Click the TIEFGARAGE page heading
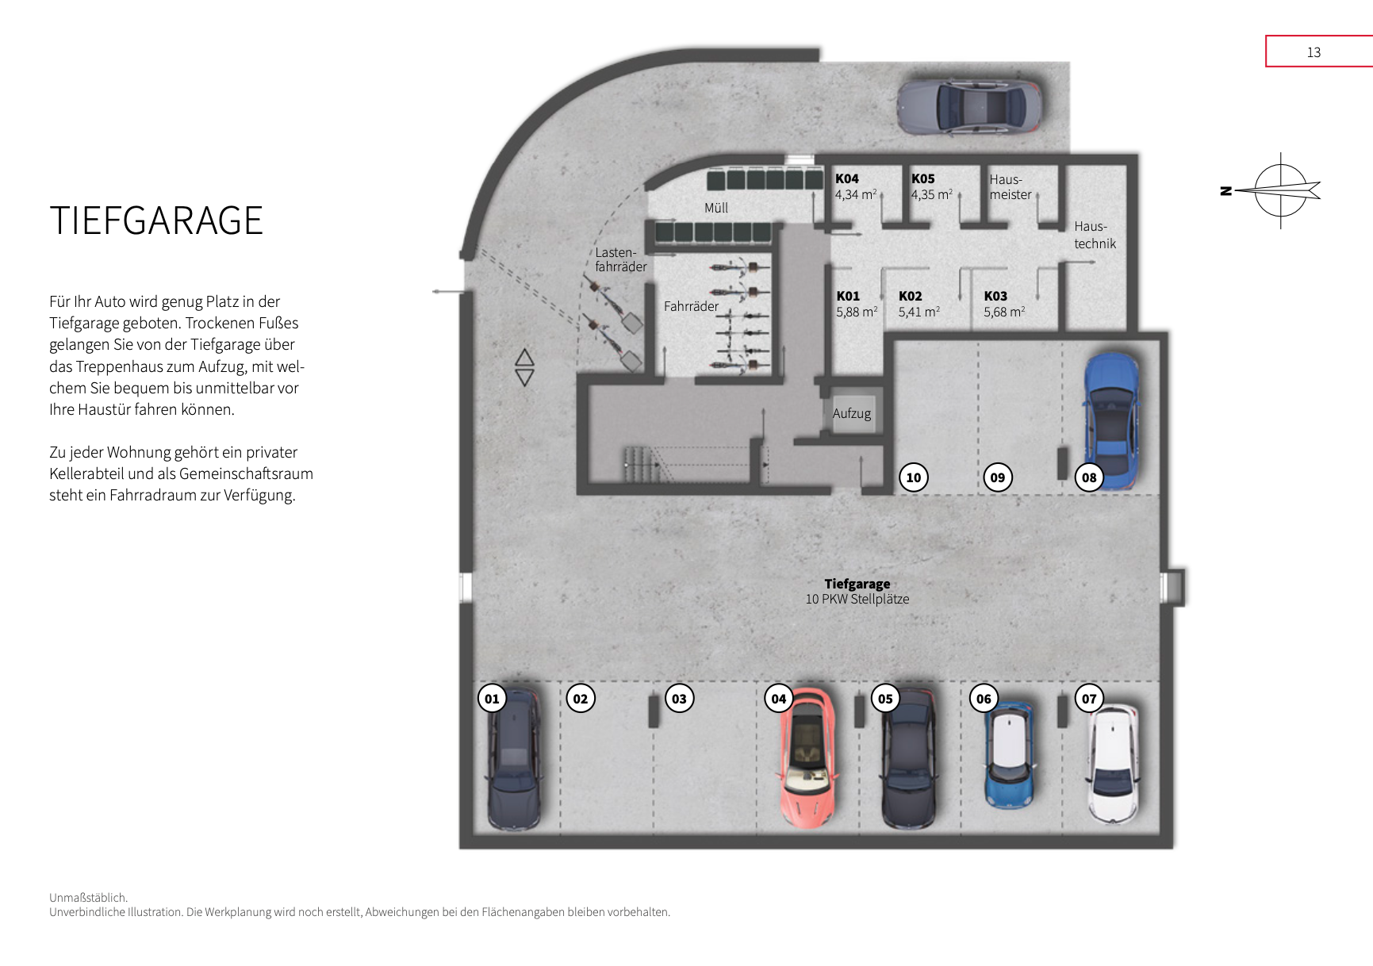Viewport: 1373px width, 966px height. tap(156, 220)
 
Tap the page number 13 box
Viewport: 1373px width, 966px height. tap(1319, 52)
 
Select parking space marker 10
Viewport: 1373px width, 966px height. tap(914, 477)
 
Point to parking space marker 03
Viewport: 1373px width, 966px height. tap(679, 699)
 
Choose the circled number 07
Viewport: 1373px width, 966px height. tap(1089, 699)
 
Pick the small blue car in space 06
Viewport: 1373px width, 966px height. tap(1009, 755)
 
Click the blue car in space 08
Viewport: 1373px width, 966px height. tap(1112, 420)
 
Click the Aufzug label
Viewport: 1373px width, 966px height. tap(852, 413)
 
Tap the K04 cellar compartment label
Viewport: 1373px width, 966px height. tap(847, 178)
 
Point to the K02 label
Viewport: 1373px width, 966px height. tap(911, 296)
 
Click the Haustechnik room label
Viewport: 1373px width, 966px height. tap(1095, 235)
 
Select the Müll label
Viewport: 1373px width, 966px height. tap(716, 208)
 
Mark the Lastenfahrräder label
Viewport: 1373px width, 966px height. tap(621, 259)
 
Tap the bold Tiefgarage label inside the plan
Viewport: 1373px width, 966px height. tap(857, 584)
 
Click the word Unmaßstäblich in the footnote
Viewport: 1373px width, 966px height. tap(88, 898)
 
